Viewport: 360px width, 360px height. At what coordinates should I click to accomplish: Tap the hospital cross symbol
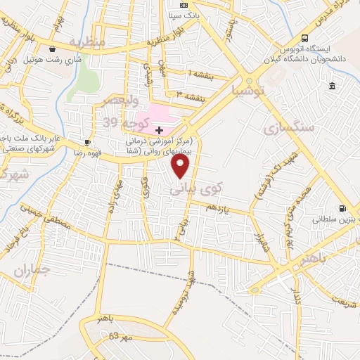pyautogui.click(x=160, y=129)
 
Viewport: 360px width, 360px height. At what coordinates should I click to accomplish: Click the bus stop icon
pyautogui.click(x=304, y=38)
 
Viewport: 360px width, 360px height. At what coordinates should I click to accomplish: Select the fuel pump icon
pyautogui.click(x=342, y=208)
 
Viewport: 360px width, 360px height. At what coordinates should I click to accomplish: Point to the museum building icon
pyautogui.click(x=331, y=86)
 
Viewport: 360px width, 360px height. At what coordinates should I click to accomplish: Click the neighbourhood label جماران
pyautogui.click(x=32, y=269)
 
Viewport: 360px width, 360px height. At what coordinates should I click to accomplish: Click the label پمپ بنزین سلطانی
pyautogui.click(x=335, y=219)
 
